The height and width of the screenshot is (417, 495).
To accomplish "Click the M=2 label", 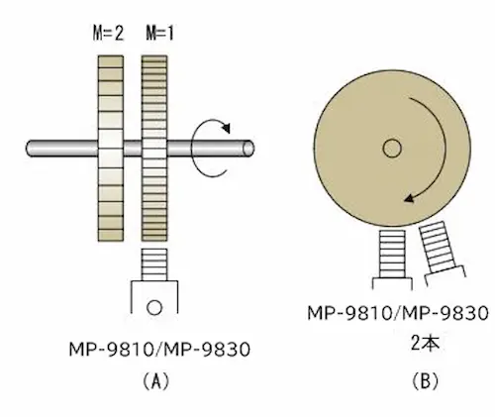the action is [x=108, y=34].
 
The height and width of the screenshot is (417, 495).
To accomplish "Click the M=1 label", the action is [x=159, y=34].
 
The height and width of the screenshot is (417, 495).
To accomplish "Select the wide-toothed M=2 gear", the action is [x=111, y=149].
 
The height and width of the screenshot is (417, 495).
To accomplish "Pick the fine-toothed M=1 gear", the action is [x=154, y=149].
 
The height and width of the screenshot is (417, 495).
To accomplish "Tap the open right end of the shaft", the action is [x=248, y=149].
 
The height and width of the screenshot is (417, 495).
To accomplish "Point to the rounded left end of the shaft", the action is [x=30, y=149].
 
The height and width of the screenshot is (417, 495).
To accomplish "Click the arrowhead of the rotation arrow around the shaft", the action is [x=227, y=128].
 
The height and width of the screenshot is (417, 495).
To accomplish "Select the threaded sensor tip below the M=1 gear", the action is [x=154, y=264].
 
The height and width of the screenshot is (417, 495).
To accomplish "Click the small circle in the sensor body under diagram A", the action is [x=154, y=307].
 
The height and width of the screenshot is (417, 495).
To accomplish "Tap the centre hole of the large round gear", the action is [x=392, y=149].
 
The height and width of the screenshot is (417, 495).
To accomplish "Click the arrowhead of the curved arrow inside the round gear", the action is [x=409, y=198].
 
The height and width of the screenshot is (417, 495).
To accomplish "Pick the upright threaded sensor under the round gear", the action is [x=392, y=261].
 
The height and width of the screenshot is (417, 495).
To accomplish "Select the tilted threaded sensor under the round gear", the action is [x=441, y=252].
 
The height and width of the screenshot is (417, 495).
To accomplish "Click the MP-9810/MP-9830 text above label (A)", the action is [x=159, y=350].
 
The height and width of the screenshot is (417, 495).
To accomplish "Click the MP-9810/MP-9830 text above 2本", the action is [x=398, y=313].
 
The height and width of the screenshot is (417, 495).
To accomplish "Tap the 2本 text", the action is [x=425, y=343].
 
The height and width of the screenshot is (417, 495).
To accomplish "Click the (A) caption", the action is [x=156, y=381].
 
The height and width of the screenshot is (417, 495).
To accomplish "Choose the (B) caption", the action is [x=425, y=381].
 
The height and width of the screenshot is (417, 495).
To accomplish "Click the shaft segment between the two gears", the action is [x=133, y=149].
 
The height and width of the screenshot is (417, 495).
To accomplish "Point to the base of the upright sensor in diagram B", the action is [x=392, y=284].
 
